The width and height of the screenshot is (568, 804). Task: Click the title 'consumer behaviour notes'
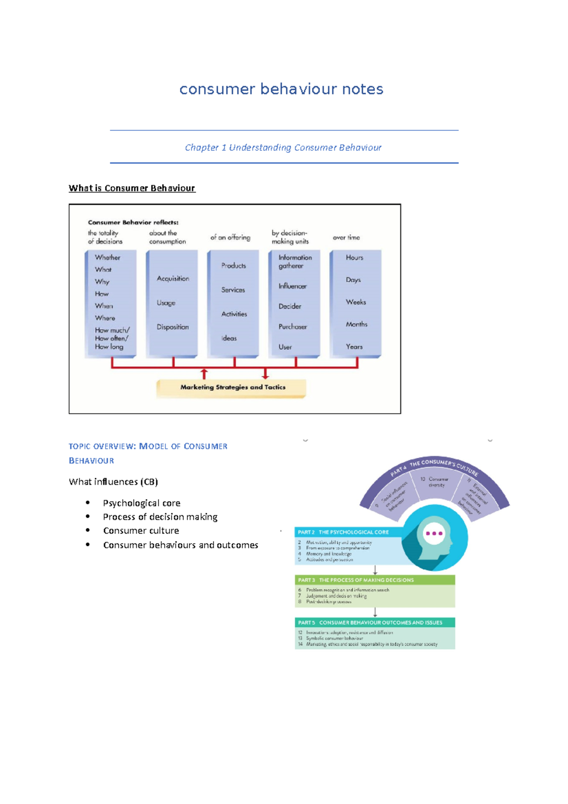pos(281,89)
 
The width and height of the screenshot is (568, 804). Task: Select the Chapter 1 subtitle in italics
pos(283,148)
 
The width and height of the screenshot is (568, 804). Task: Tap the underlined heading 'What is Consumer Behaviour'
pos(132,188)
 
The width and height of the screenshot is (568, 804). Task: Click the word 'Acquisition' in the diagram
pos(173,278)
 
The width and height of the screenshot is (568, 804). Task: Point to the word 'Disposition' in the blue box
pos(173,327)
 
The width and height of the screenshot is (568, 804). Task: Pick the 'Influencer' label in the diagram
pos(293,286)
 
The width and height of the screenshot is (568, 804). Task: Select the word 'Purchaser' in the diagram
pos(293,326)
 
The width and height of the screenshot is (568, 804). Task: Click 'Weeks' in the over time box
pos(356,302)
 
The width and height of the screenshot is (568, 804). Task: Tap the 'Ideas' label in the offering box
pos(229,338)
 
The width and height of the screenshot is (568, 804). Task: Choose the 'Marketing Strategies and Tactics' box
pos(232,387)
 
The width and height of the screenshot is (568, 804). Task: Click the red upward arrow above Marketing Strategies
pos(204,374)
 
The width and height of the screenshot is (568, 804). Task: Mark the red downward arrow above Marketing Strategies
pos(266,374)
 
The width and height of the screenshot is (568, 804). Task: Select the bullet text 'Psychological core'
pos(142,503)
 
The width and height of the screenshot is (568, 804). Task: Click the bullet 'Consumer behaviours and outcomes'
pos(180,545)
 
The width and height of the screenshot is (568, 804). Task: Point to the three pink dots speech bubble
pos(434,533)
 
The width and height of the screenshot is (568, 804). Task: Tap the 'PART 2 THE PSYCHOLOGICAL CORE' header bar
pos(348,532)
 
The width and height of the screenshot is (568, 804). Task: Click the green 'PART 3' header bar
pos(374,580)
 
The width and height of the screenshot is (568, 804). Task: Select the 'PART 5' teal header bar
pos(374,623)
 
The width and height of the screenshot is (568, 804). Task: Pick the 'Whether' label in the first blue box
pos(107,258)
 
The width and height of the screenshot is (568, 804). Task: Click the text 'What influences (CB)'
pos(113,482)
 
